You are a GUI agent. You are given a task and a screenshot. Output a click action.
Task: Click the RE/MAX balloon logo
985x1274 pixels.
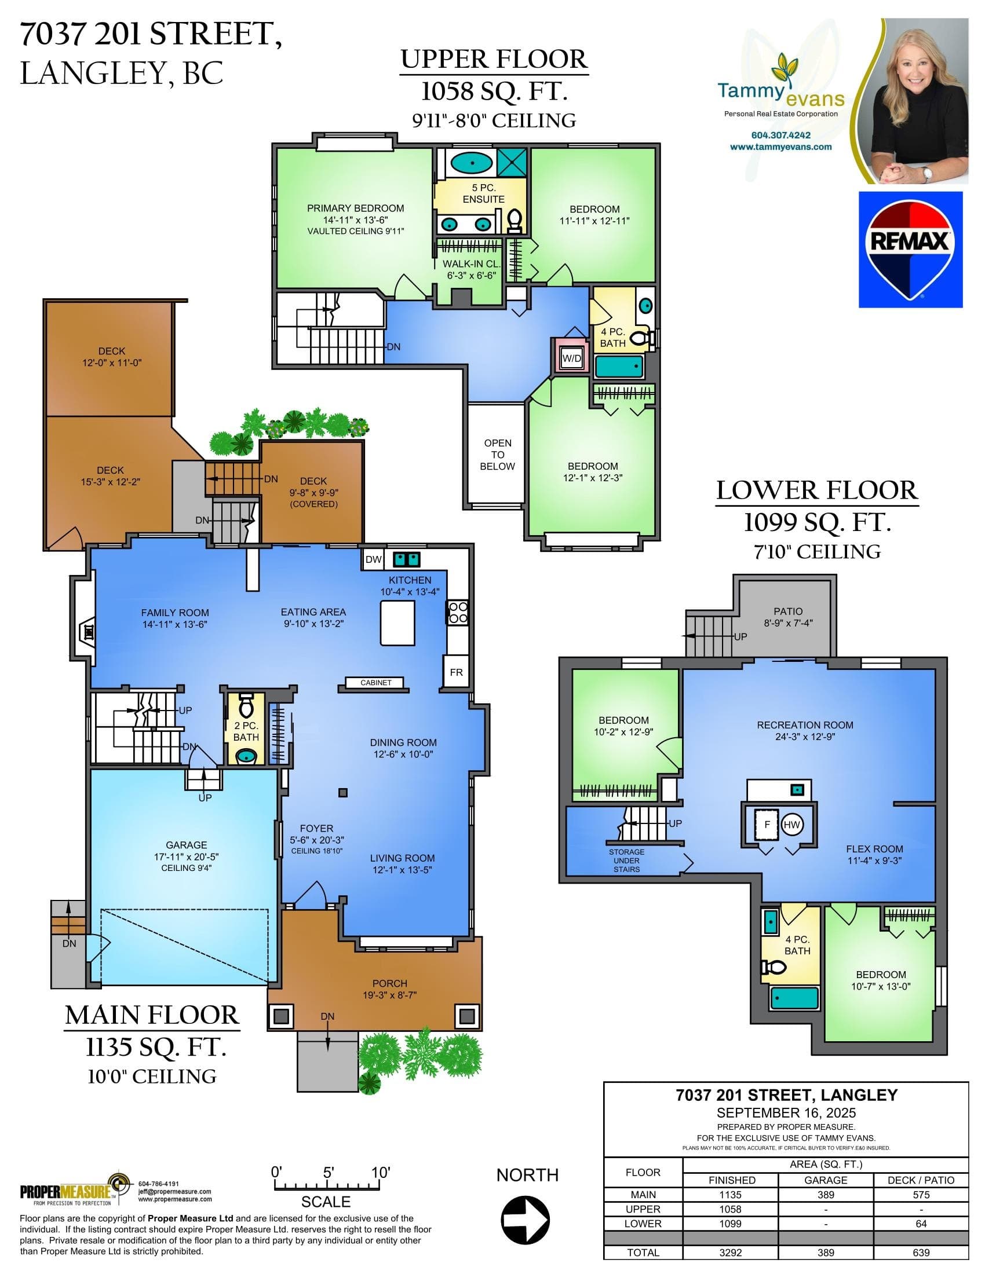point(910,250)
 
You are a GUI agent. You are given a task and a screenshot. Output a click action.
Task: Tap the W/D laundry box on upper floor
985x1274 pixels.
point(571,358)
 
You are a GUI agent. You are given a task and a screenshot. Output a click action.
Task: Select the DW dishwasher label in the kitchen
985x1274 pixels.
point(374,559)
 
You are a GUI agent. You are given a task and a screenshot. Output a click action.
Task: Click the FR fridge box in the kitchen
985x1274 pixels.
point(456,672)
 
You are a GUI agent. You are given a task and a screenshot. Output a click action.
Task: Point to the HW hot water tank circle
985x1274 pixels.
point(792,824)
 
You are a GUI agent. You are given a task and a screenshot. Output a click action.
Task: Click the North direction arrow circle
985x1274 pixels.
point(526,1220)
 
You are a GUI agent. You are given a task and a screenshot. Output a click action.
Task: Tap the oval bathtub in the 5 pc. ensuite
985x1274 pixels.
point(471,163)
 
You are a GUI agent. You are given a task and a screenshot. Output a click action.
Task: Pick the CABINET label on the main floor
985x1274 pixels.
point(376,683)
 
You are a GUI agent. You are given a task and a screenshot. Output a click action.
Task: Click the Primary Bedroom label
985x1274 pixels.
point(355,208)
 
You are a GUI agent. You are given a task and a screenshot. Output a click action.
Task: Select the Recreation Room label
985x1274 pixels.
point(805,725)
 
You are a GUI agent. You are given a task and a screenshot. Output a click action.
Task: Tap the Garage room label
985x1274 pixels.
point(186,845)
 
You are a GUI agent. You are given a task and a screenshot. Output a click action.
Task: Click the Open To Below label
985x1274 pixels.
point(497,455)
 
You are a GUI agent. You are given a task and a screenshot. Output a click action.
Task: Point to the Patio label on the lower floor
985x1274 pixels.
point(788,612)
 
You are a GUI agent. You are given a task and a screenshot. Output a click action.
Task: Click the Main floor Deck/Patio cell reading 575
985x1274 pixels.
point(921,1195)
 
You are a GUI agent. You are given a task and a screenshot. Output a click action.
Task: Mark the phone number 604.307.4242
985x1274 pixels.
point(781,135)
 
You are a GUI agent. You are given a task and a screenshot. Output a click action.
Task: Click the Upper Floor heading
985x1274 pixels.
point(494,60)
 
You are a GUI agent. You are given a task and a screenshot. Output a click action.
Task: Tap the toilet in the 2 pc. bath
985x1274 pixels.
point(246,705)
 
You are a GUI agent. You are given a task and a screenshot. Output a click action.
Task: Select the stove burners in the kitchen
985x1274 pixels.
point(458,613)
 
